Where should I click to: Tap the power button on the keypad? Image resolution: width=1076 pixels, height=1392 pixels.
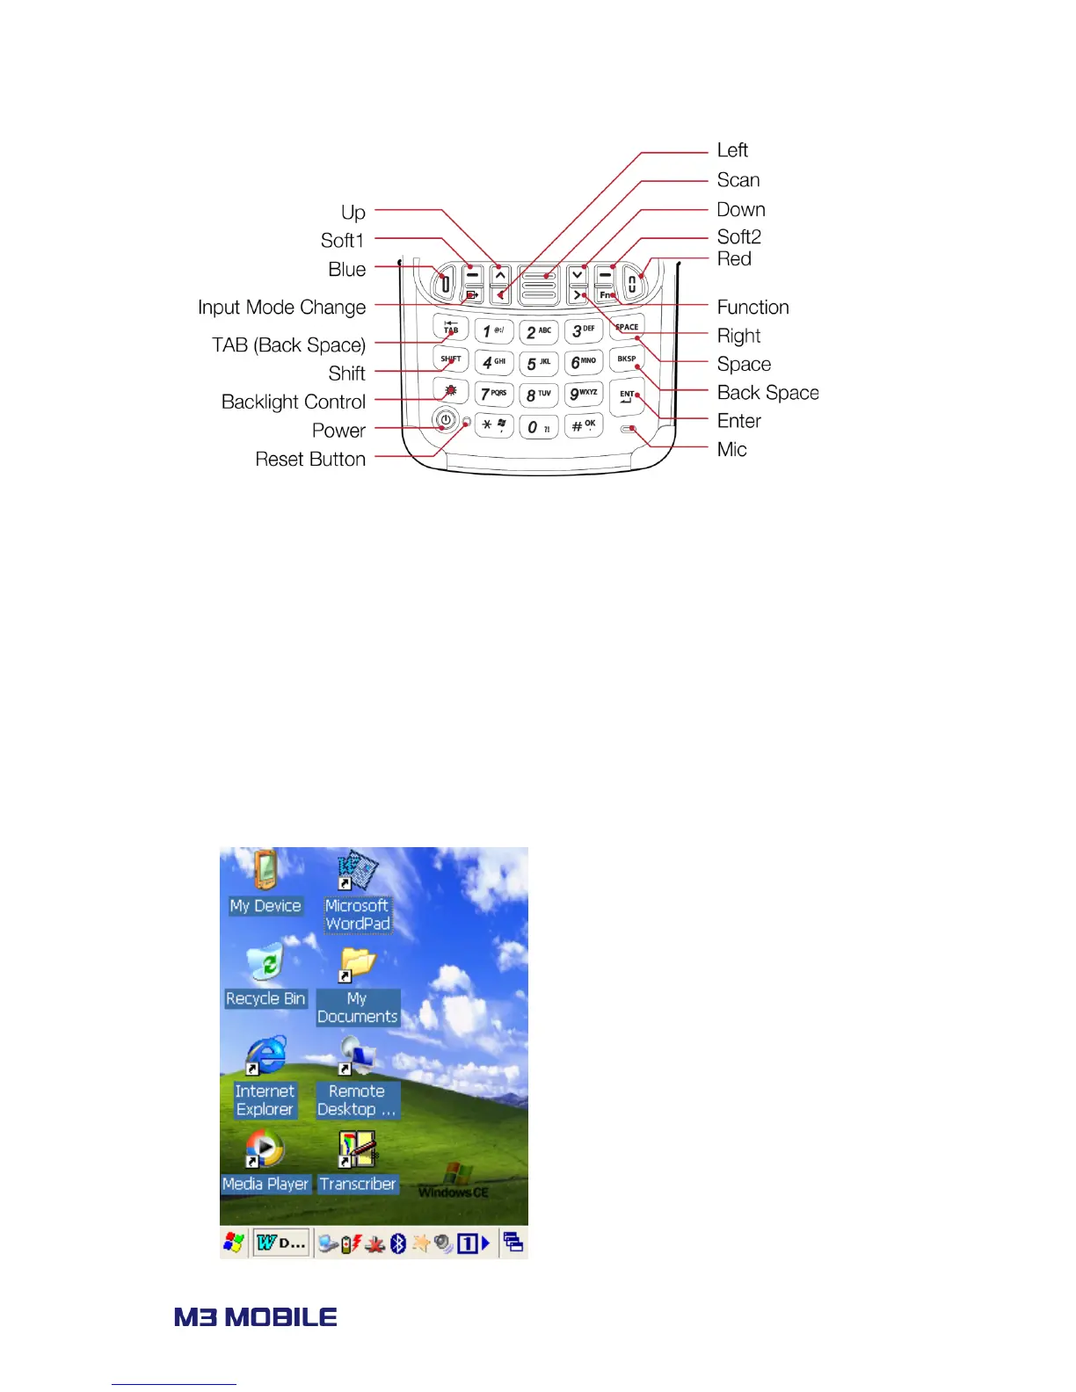[x=446, y=420]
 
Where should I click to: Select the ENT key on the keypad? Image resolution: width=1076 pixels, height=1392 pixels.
[x=627, y=396]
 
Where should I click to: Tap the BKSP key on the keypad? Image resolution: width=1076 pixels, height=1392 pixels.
[x=627, y=359]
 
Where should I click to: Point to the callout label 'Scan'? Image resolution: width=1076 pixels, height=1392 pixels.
[x=738, y=180]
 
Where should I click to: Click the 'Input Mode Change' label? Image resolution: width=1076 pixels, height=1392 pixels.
[x=281, y=308]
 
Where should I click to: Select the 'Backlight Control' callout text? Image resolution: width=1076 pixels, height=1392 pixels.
[x=293, y=402]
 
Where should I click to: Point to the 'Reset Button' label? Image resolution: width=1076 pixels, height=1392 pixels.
[x=310, y=459]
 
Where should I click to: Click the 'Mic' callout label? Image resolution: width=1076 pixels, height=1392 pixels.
[x=731, y=449]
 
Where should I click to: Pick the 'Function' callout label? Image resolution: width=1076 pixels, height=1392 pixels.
[x=752, y=307]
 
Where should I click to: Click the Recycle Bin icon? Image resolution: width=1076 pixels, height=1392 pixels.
[x=265, y=963]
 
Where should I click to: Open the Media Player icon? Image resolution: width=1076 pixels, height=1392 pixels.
[x=265, y=1148]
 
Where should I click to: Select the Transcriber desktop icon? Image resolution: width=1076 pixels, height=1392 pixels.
[x=357, y=1148]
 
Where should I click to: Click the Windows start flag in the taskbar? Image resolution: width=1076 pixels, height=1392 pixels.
[x=234, y=1243]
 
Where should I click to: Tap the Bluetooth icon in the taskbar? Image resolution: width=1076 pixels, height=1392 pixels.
[x=398, y=1243]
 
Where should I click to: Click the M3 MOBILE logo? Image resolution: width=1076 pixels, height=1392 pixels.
[x=256, y=1316]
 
